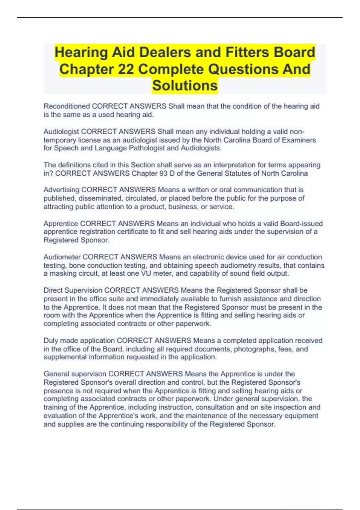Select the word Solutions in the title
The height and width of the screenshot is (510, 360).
pos(185,85)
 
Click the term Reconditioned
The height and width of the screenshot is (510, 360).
pos(67,106)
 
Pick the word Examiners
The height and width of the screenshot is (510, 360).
pos(299,140)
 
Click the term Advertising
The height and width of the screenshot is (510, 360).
pos(61,190)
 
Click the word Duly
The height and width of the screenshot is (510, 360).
pos(51,341)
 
